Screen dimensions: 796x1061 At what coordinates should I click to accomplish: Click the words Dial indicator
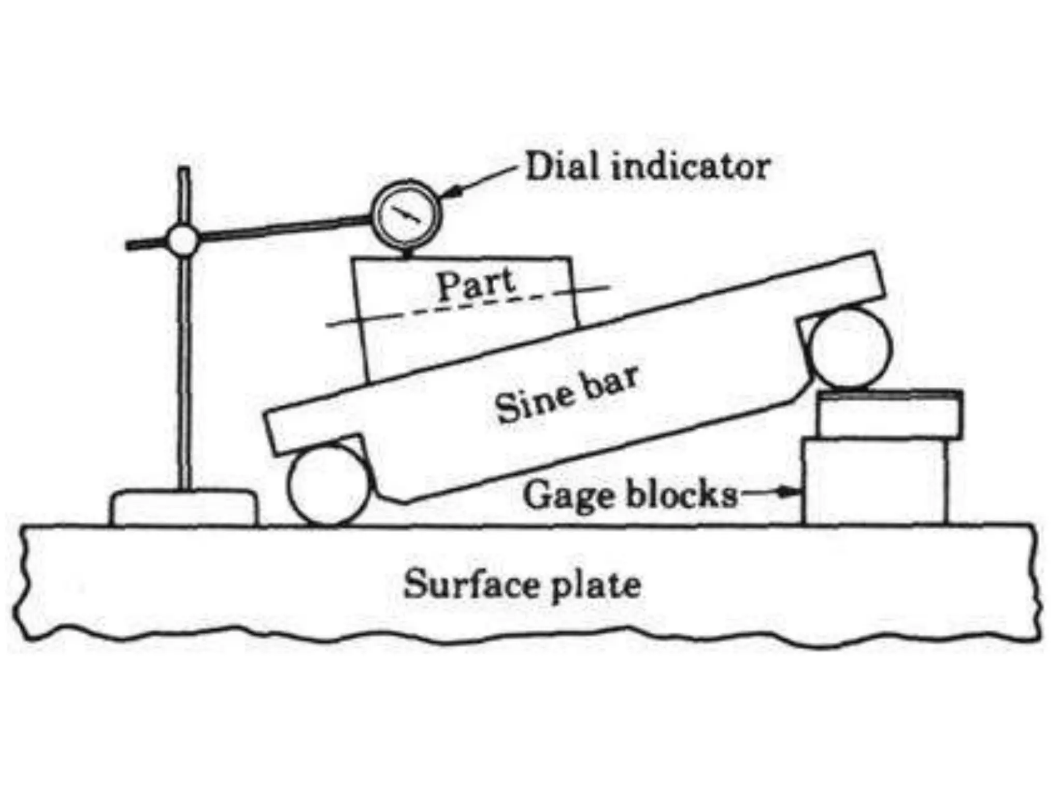(x=648, y=167)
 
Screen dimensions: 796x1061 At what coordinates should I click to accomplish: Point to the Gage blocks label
(x=630, y=494)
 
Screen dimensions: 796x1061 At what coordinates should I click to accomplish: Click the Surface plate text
(x=522, y=585)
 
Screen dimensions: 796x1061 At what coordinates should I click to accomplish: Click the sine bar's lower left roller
(x=328, y=486)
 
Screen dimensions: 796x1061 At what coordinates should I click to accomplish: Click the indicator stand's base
(x=182, y=508)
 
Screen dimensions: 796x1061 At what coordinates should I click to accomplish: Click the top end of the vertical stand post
(x=184, y=171)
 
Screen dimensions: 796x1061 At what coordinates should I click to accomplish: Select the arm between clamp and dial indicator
(x=285, y=230)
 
